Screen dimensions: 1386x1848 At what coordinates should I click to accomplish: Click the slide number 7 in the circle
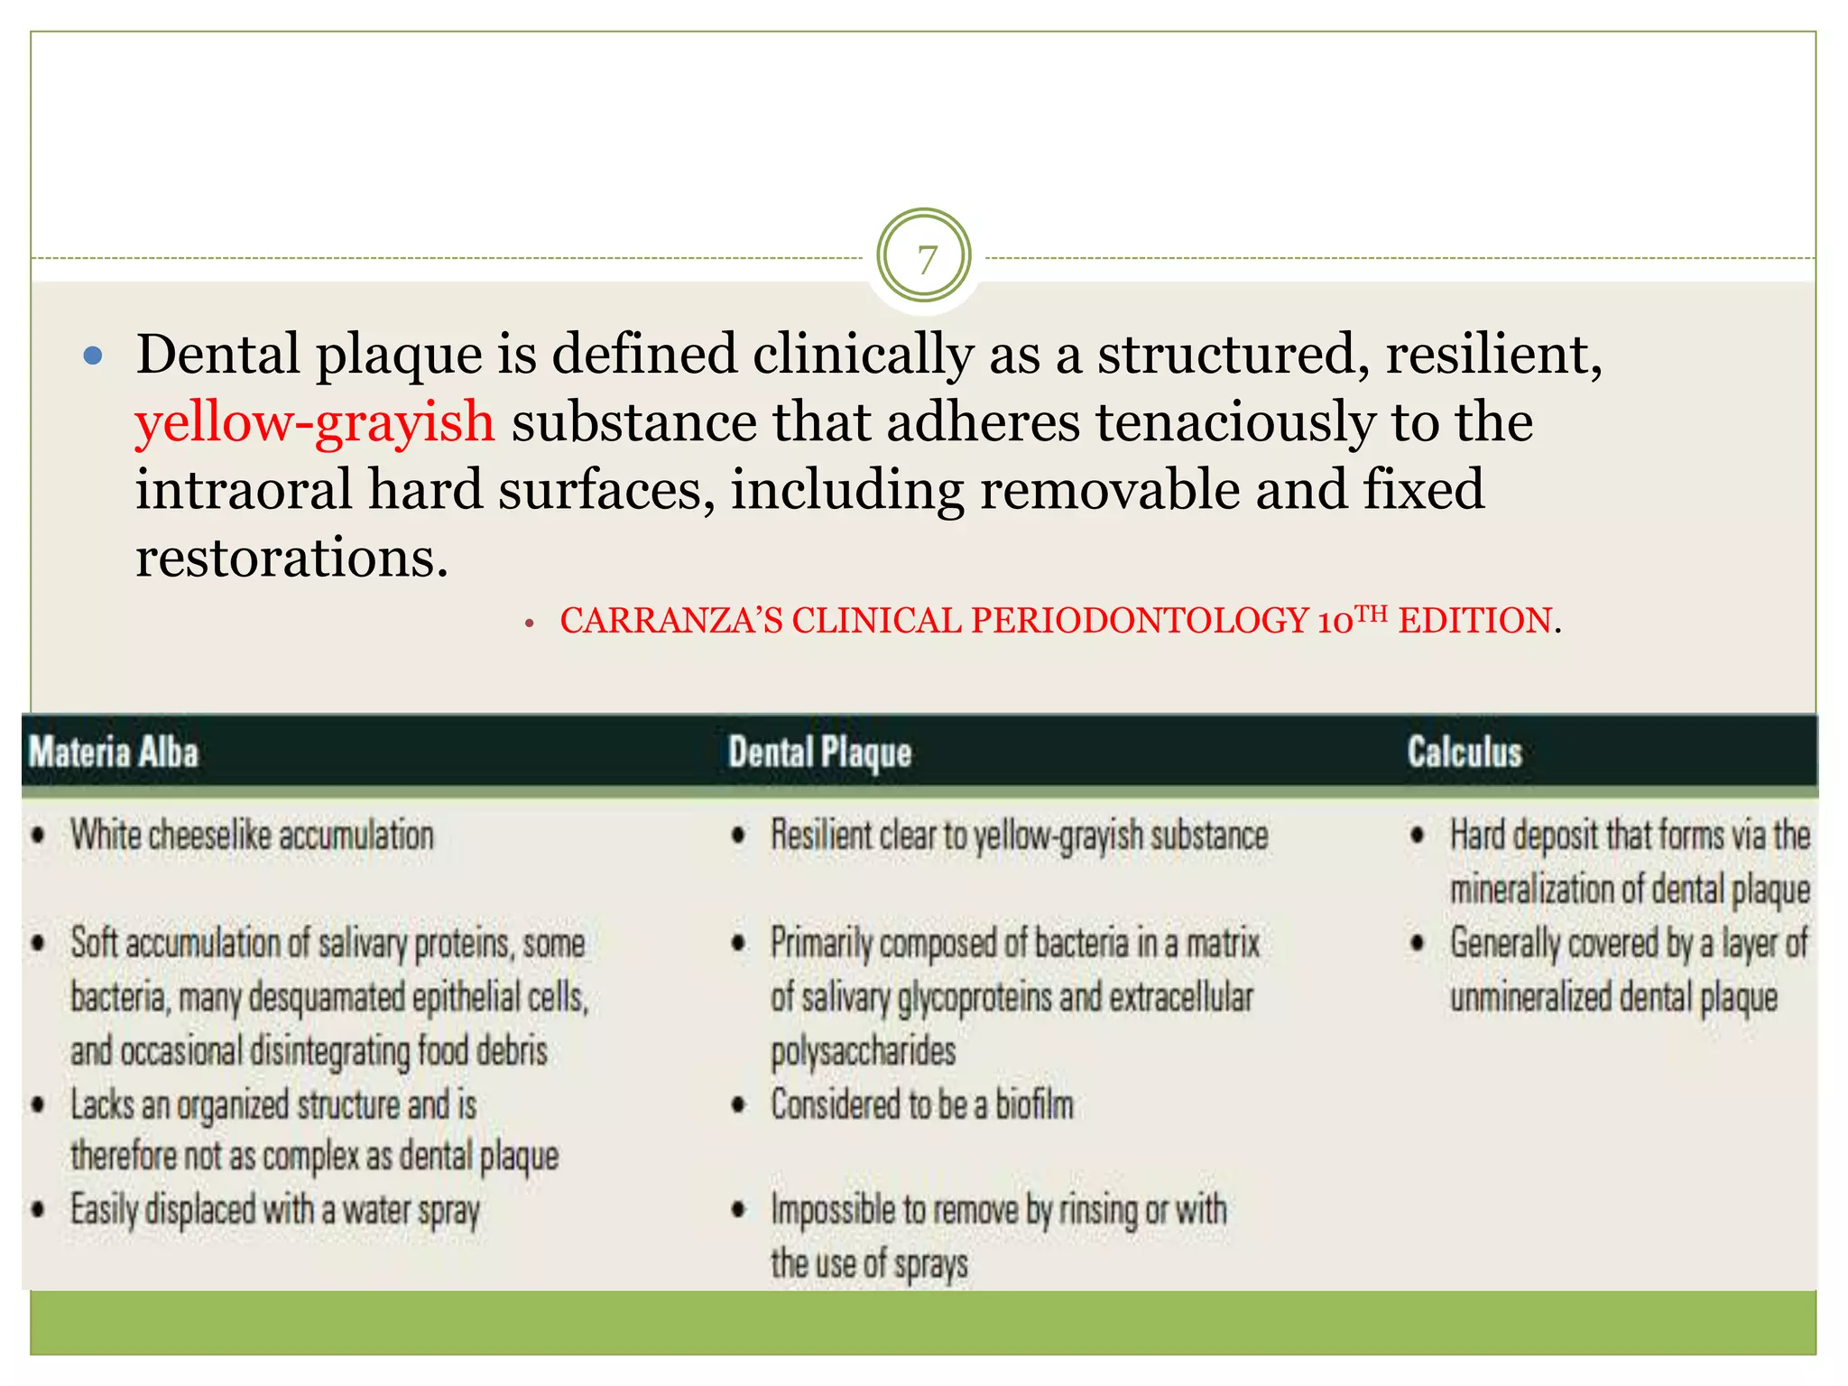coord(926,260)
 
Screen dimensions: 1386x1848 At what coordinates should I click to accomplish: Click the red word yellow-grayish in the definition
coord(315,422)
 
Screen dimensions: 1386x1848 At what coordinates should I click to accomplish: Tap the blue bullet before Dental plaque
coord(93,356)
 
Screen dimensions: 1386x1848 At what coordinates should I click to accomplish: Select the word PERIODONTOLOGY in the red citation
coord(1140,621)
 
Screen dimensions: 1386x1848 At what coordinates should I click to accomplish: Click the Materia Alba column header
coord(114,752)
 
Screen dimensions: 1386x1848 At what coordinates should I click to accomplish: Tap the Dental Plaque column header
coord(819,753)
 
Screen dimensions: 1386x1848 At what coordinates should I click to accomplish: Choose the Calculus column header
coord(1465,752)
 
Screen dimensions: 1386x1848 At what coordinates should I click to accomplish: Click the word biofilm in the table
coord(1034,1105)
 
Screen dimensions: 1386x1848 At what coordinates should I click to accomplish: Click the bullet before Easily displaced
coord(39,1210)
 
